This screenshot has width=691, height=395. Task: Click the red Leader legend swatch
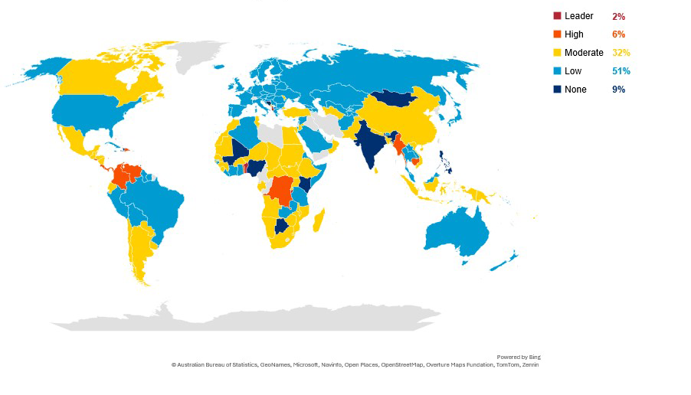pyautogui.click(x=557, y=16)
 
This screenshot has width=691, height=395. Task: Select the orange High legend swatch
pyautogui.click(x=557, y=34)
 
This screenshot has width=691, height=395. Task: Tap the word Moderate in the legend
pyautogui.click(x=584, y=53)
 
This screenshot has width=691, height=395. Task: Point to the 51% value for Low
pyautogui.click(x=621, y=71)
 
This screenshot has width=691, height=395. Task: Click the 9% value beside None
pyautogui.click(x=618, y=90)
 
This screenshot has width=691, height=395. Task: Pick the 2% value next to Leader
pyautogui.click(x=618, y=16)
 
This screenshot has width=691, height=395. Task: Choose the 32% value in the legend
pyautogui.click(x=621, y=53)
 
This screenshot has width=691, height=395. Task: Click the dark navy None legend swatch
pyautogui.click(x=557, y=90)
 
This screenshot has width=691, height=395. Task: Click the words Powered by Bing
pyautogui.click(x=518, y=357)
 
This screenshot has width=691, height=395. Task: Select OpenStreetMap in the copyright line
pyautogui.click(x=402, y=364)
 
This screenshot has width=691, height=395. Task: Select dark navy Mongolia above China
pyautogui.click(x=395, y=99)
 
